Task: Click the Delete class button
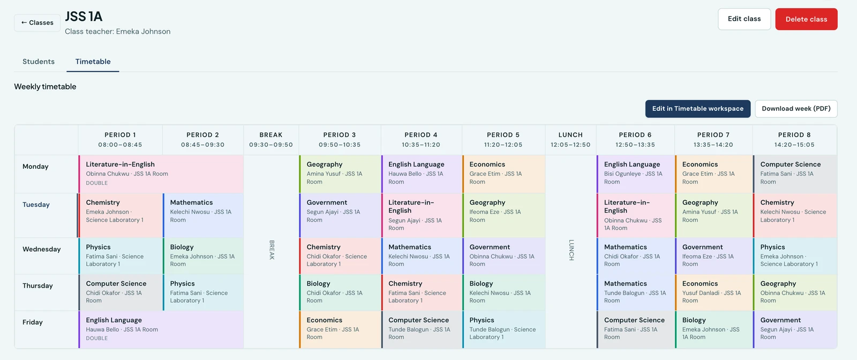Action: [x=806, y=19]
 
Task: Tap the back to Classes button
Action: [x=37, y=22]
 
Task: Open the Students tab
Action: [x=39, y=62]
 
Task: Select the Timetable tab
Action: [x=93, y=62]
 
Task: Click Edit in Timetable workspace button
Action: [x=698, y=109]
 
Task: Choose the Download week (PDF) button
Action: [x=796, y=109]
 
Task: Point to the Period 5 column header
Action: [x=503, y=140]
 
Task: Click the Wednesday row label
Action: [x=42, y=249]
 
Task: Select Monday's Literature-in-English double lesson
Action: [x=161, y=174]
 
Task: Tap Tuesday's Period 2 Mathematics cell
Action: [x=203, y=215]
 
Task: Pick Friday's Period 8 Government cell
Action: [x=795, y=329]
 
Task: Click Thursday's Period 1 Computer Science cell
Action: [x=121, y=292]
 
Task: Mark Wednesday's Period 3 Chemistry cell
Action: [x=340, y=256]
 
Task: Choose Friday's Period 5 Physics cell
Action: [x=504, y=329]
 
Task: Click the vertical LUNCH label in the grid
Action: [x=571, y=250]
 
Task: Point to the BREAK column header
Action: [x=271, y=140]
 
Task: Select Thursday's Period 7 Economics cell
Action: [x=713, y=292]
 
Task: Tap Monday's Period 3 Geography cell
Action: [x=340, y=174]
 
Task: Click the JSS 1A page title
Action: [x=84, y=17]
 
